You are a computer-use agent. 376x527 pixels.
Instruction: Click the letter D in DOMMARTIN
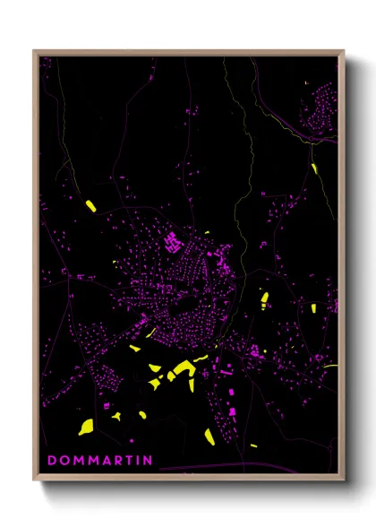pos(52,461)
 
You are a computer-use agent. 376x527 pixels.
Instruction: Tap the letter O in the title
pos(64,461)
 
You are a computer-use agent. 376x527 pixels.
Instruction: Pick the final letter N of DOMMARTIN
pos(149,461)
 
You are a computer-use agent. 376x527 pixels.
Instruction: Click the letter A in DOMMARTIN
pos(105,461)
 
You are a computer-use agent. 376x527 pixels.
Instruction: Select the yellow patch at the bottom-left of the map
pos(86,426)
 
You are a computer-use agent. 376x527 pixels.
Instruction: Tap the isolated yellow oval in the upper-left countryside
pos(90,206)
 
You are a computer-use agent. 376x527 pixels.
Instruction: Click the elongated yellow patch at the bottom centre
pos(209,436)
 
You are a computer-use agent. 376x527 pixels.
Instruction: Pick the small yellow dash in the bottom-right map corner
pos(254,445)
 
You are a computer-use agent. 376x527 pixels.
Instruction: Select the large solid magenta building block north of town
pos(171,240)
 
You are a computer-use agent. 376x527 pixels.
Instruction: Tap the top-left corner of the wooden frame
pos(35,52)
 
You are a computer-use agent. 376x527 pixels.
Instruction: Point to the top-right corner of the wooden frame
pos(343,52)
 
